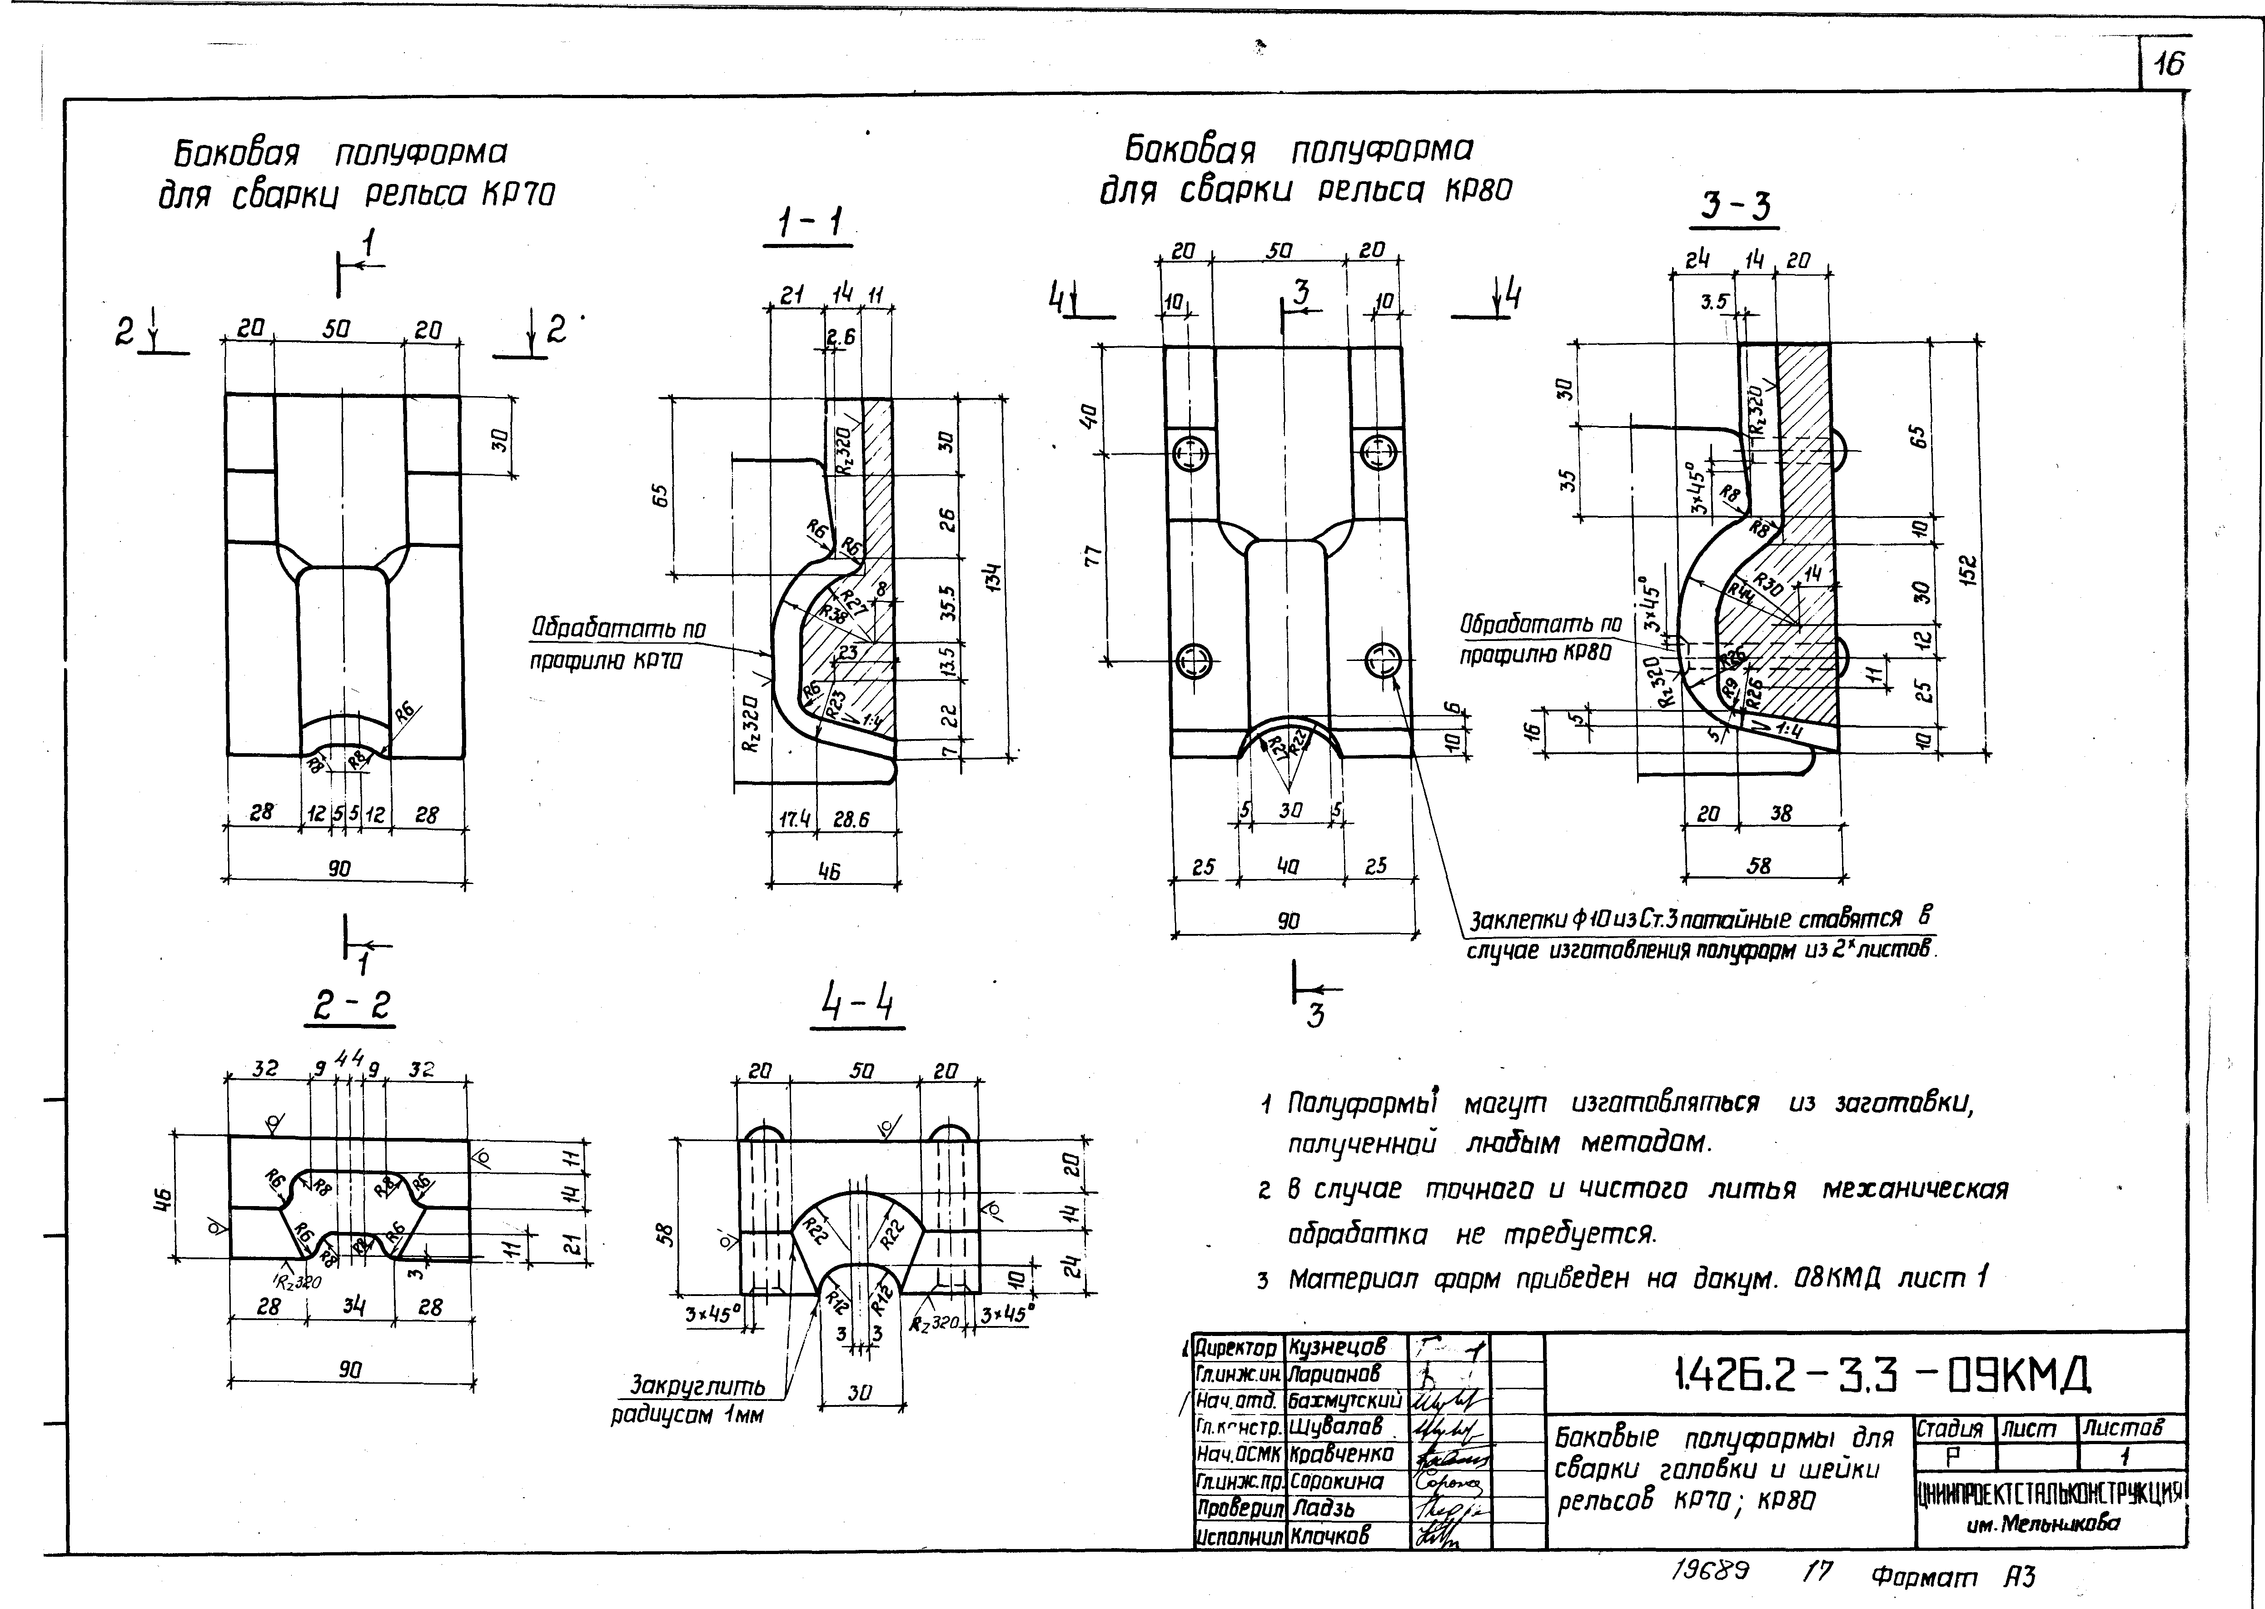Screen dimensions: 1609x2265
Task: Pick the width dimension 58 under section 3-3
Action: click(1759, 865)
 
